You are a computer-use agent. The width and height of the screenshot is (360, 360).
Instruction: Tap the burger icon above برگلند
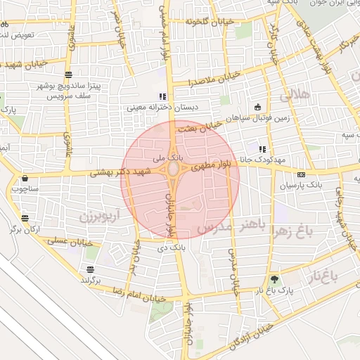coord(90,270)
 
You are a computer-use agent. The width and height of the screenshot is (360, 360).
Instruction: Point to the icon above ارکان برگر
coord(25,219)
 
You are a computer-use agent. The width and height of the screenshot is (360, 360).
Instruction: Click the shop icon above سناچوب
coord(25,179)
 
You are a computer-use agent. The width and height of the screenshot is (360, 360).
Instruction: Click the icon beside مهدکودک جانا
coord(262,149)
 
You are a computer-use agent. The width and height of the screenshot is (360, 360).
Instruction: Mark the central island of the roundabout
coord(172,171)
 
